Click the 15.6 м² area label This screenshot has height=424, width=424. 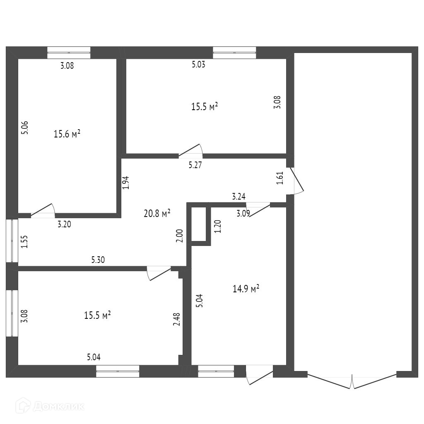pos(67,134)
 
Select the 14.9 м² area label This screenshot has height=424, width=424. pos(246,289)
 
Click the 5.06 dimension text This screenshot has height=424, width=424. pos(25,127)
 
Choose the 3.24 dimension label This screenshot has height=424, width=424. pos(238,197)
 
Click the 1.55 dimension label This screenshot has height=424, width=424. pos(25,241)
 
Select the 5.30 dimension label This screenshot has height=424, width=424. pos(98,260)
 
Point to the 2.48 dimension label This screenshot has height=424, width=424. pos(177,319)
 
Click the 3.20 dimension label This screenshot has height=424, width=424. pos(64,225)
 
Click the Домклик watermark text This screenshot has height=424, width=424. pos(58,406)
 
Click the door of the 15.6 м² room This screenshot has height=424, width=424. pos(43,211)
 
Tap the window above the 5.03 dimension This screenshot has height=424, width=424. pos(234,53)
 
